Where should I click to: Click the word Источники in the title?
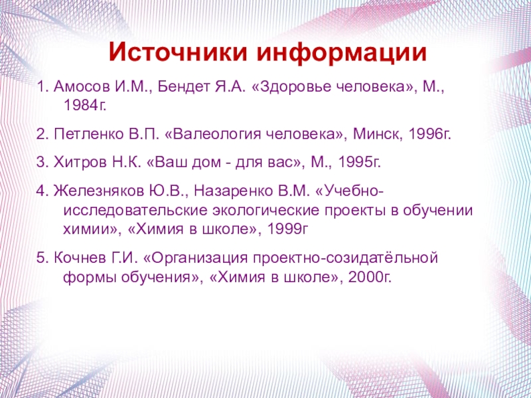[x=178, y=53]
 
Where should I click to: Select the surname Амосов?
[x=81, y=88]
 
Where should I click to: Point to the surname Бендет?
[x=184, y=88]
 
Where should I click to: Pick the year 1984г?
[x=85, y=106]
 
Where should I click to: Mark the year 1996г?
[x=430, y=135]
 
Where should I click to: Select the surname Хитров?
[x=80, y=163]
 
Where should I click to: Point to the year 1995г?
[x=360, y=163]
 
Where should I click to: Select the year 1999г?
[x=289, y=230]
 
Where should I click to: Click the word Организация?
[x=197, y=259]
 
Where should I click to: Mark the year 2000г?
[x=370, y=277]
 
